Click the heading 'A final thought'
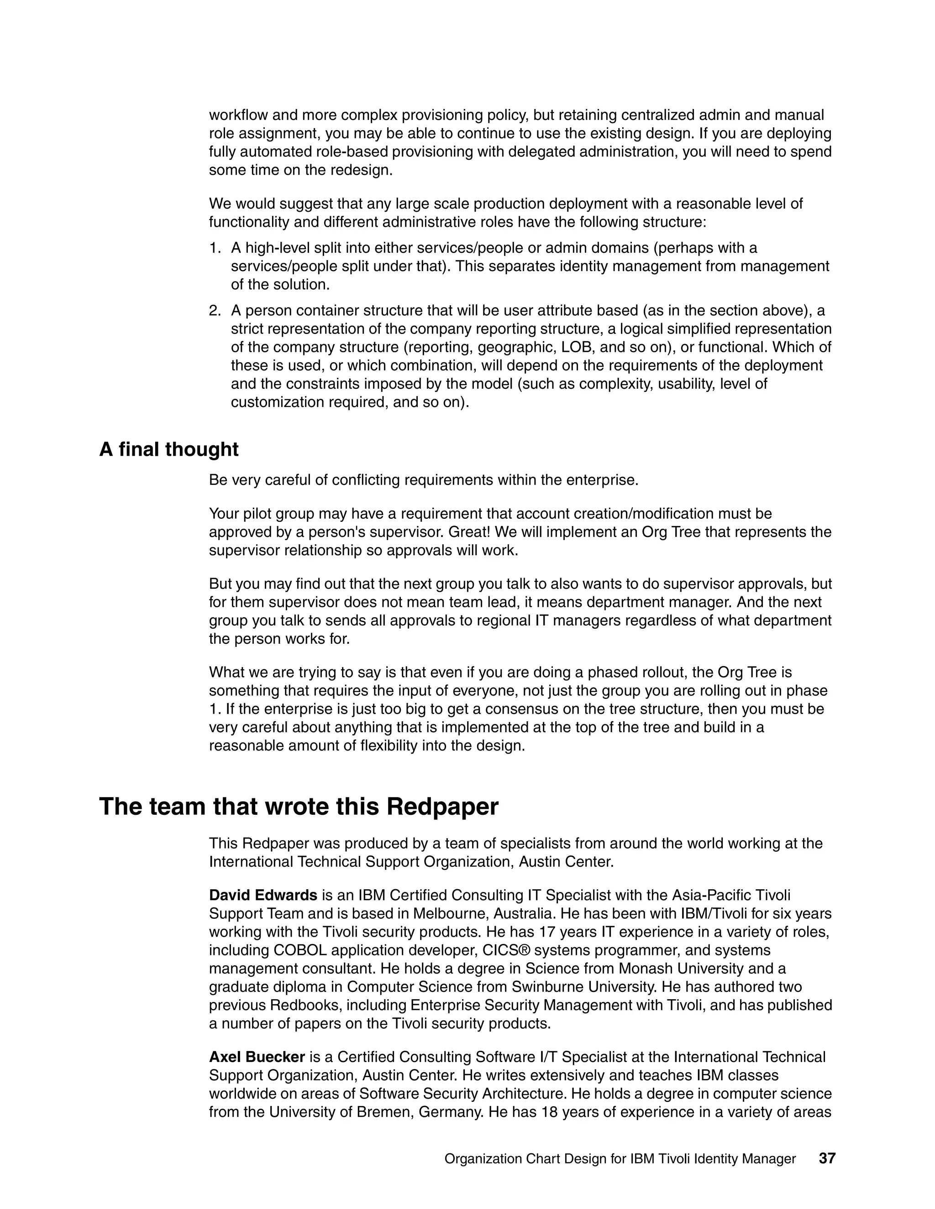tap(168, 449)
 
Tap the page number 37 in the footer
tap(826, 1158)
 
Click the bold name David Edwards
tap(263, 895)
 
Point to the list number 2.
tap(215, 311)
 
